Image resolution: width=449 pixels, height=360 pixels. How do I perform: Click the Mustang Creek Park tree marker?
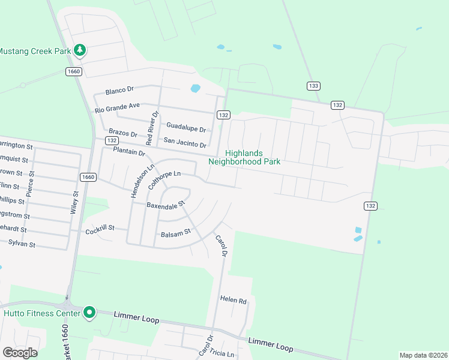[79, 50]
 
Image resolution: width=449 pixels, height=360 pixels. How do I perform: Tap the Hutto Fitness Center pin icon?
[89, 313]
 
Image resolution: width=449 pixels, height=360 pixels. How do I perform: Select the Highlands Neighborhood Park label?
[244, 157]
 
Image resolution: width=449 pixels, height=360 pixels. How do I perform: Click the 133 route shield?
[313, 86]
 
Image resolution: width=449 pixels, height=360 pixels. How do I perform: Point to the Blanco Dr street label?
[118, 91]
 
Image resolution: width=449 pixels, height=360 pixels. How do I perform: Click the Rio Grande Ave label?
[117, 108]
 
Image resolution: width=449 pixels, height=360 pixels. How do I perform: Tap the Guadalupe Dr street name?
[186, 128]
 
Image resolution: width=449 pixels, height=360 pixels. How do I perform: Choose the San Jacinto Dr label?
[185, 144]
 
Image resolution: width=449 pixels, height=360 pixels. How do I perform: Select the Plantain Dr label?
[129, 152]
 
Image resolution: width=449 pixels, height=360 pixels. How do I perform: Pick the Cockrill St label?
[100, 230]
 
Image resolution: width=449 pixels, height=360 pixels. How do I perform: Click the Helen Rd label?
[234, 299]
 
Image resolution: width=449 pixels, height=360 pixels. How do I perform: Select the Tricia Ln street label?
[222, 353]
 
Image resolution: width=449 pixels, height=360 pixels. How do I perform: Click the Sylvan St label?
[22, 244]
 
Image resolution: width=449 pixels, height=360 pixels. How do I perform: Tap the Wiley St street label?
[75, 203]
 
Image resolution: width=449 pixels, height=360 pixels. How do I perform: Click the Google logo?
[20, 352]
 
